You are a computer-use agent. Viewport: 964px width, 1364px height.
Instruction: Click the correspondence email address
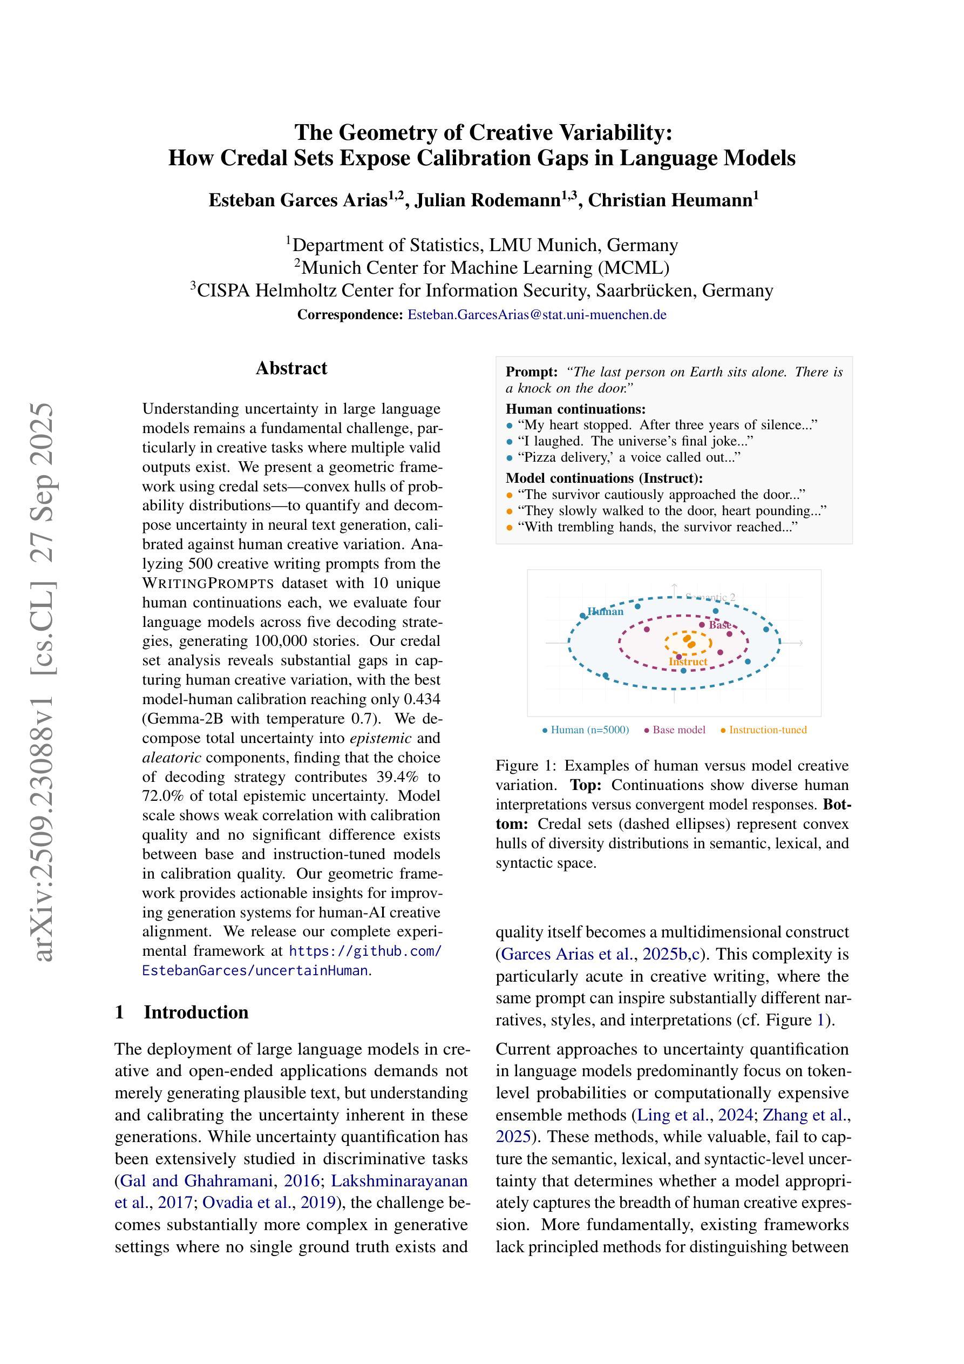pos(537,315)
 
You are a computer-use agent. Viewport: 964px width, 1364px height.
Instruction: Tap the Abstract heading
pos(291,368)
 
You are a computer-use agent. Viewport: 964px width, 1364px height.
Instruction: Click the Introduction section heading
pos(195,1012)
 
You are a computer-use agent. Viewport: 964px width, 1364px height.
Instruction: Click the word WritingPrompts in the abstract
pos(208,583)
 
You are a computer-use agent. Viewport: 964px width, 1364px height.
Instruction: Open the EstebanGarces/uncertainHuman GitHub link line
pos(255,971)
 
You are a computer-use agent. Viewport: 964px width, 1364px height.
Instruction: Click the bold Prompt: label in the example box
pos(531,373)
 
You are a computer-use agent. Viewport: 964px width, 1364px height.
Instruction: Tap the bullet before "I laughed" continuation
pos(509,441)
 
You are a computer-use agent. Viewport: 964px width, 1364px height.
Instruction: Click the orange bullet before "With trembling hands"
pos(509,528)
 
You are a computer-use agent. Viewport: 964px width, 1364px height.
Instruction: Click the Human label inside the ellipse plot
pos(605,612)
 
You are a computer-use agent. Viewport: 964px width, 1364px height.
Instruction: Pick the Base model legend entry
pos(678,730)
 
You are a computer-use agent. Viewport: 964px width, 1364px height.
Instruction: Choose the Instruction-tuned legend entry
pos(768,730)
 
